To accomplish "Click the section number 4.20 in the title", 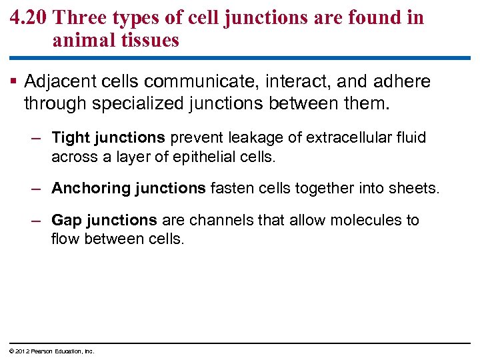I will [x=27, y=18].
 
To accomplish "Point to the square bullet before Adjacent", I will [x=15, y=83].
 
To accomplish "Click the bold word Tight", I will [x=71, y=137].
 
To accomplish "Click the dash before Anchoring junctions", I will [x=38, y=189].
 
